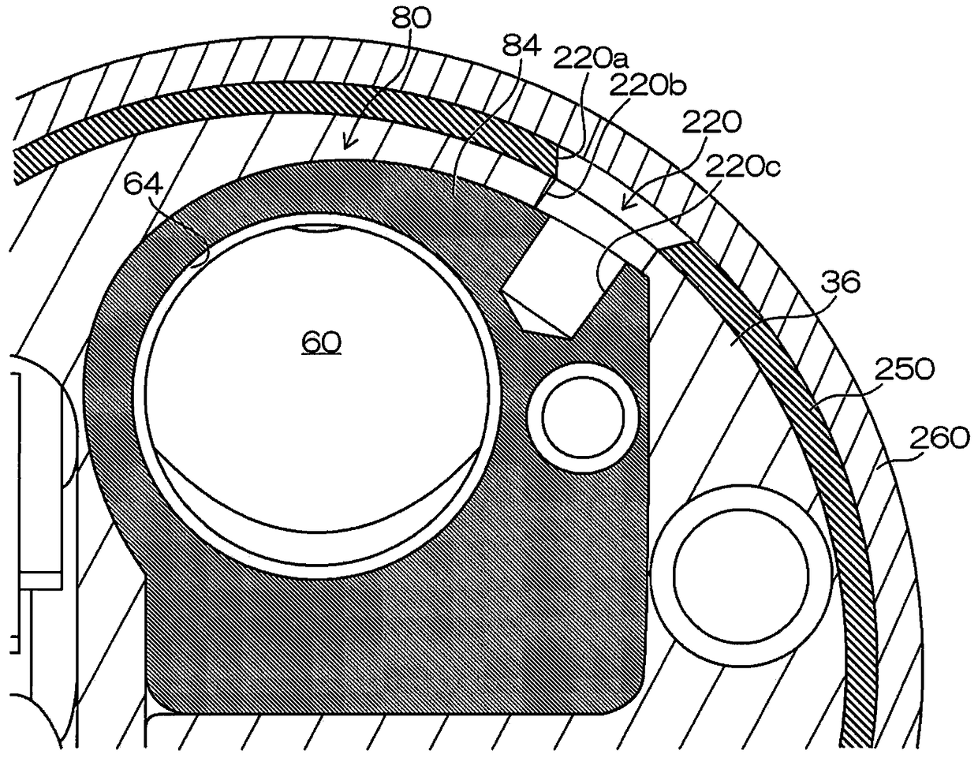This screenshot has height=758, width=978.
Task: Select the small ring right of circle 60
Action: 581,412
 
